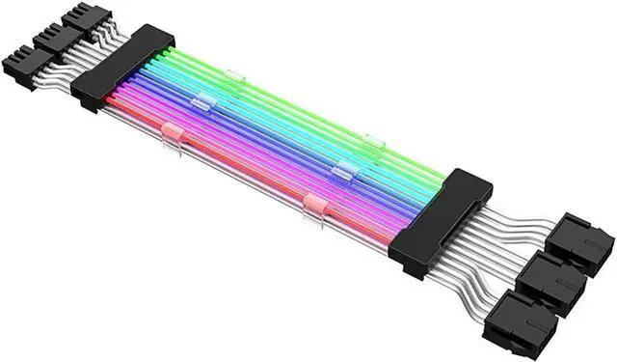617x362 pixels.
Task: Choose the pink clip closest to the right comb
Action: click(314, 204)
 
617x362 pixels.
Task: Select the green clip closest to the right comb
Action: click(374, 143)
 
